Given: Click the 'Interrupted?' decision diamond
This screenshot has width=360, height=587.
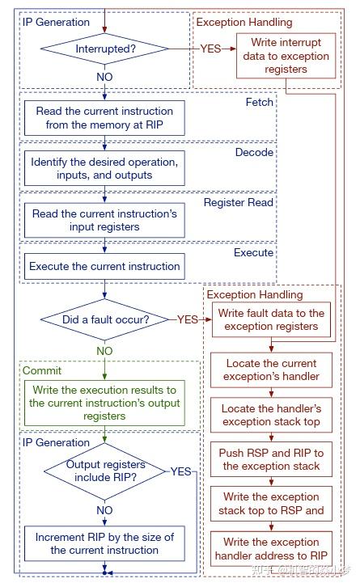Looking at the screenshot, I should (105, 49).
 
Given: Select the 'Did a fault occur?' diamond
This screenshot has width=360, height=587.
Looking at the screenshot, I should (105, 319).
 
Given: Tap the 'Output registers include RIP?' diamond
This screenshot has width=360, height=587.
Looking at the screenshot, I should (105, 471).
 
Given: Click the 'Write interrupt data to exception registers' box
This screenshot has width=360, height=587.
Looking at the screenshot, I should (286, 57).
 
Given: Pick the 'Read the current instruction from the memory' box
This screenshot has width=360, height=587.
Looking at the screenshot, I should (104, 118).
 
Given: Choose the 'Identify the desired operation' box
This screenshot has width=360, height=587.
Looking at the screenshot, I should (104, 168).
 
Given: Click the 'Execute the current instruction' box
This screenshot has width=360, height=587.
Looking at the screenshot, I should (104, 266).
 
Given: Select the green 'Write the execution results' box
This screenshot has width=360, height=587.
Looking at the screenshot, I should (104, 403).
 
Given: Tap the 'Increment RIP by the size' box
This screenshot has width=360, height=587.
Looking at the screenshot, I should (104, 543).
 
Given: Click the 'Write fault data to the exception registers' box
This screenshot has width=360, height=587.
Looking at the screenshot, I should (271, 320).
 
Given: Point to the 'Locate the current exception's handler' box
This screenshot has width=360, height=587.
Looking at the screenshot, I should (271, 370).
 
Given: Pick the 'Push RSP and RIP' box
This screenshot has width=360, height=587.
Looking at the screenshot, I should (271, 459).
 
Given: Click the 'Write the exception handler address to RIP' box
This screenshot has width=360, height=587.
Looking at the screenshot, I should (271, 549).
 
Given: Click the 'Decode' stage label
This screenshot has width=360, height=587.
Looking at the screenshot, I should (254, 152).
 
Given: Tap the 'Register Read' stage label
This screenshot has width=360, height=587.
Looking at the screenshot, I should (239, 202).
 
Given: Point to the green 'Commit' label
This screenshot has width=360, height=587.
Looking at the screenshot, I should (42, 370).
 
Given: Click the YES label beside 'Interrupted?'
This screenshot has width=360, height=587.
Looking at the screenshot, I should (211, 49).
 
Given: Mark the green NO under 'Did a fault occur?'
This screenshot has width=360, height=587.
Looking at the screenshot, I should (104, 351).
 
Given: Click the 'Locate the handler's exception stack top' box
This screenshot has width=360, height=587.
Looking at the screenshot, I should (271, 415).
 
